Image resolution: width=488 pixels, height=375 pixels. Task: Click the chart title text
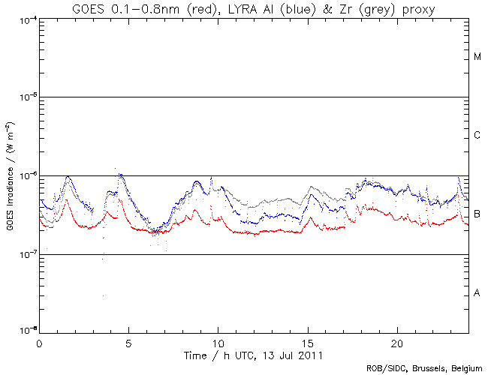tap(253, 8)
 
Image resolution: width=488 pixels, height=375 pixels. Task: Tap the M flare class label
tap(477, 57)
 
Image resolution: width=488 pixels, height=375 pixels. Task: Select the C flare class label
tap(477, 135)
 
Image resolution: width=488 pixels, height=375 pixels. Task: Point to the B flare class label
tap(477, 214)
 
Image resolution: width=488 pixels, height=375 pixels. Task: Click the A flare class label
tap(477, 292)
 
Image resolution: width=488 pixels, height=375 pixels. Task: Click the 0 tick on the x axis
tap(39, 342)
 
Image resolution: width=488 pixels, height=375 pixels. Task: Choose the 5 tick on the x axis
tap(128, 342)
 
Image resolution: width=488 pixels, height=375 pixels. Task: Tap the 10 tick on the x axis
tap(218, 342)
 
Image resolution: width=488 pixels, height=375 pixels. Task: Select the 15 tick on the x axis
tap(308, 342)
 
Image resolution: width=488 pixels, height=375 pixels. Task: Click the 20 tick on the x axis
tap(397, 342)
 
